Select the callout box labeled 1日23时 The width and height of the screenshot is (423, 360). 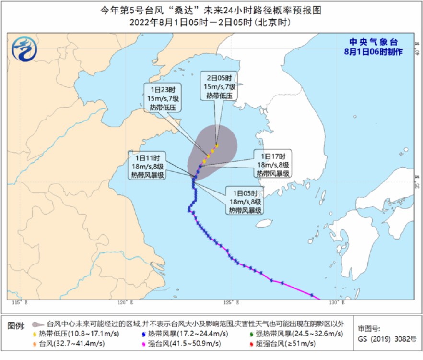[162, 97]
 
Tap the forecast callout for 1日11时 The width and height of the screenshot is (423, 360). [147, 166]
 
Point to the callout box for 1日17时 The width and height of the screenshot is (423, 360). [272, 165]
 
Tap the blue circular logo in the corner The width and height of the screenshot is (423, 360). [24, 49]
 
